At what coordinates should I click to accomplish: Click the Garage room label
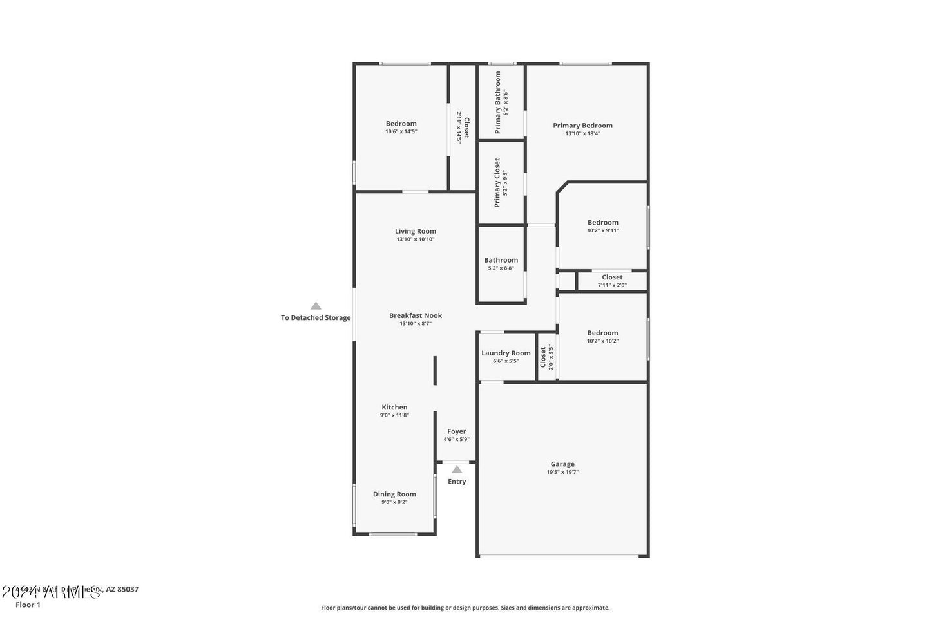562,464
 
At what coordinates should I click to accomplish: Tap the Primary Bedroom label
582,126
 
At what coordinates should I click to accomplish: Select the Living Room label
416,231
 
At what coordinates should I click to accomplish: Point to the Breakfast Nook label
416,315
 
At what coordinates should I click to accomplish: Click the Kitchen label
394,407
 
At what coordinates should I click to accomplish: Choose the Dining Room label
394,494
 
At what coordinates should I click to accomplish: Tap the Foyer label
456,431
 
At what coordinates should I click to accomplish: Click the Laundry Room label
506,353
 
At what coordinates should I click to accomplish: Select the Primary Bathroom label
498,102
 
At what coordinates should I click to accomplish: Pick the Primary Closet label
497,183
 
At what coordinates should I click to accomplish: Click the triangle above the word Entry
457,469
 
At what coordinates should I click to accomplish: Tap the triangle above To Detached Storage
316,306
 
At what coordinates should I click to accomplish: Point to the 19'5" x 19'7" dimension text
562,472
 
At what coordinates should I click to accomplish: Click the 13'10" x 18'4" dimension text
582,134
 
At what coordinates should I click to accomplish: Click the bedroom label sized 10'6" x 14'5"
401,124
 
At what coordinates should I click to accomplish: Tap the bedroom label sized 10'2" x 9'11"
602,223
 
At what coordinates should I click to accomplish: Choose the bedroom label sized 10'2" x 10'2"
602,333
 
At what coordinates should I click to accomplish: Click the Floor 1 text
28,605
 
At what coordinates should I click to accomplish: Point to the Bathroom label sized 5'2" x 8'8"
501,260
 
